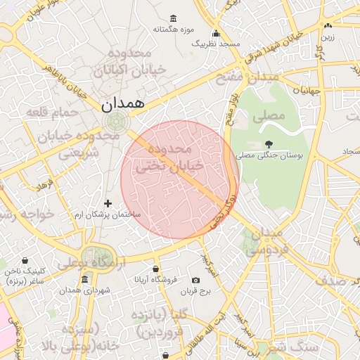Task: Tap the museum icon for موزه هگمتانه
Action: [x=174, y=18]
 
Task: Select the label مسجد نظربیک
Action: [x=216, y=44]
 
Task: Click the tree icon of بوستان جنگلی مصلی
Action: [x=269, y=144]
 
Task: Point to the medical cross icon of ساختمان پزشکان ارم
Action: [x=108, y=203]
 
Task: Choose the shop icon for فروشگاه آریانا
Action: [x=155, y=269]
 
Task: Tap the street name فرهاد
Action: [x=44, y=186]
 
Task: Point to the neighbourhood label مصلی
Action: [x=271, y=114]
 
